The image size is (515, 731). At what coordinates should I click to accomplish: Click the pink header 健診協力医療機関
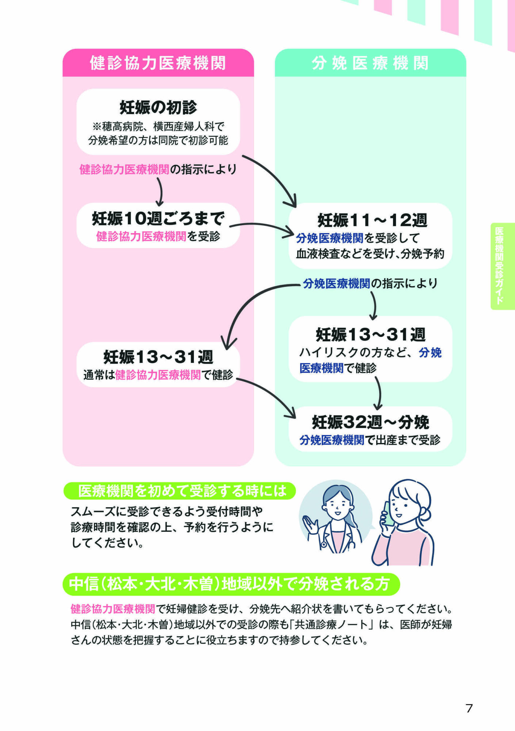158,63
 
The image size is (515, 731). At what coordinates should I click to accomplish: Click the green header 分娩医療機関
370,63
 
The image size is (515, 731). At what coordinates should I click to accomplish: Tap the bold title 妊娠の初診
158,107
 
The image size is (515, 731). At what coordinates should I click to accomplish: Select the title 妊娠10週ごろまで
158,219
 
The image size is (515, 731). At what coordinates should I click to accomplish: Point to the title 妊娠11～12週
372,220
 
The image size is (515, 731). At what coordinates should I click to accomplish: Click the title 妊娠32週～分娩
370,423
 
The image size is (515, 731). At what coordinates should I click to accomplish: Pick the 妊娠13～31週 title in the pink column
158,357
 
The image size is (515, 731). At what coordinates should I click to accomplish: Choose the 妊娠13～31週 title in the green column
370,334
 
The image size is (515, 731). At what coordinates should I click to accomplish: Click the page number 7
469,708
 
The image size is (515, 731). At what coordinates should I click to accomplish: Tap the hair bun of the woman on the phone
426,516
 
